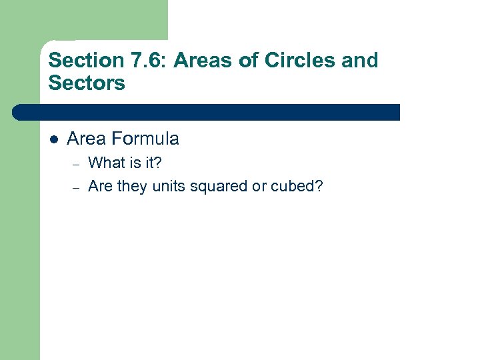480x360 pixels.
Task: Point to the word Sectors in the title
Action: (87, 83)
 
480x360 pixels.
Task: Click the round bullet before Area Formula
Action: (54, 139)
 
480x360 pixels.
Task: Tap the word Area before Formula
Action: (87, 139)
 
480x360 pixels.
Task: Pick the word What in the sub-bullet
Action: (106, 163)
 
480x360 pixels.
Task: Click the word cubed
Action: (297, 186)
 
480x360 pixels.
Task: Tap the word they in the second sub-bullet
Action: (133, 187)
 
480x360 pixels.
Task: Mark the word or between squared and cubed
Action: (259, 187)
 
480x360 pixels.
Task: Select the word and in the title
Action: (361, 61)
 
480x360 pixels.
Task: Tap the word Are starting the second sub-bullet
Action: (100, 186)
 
